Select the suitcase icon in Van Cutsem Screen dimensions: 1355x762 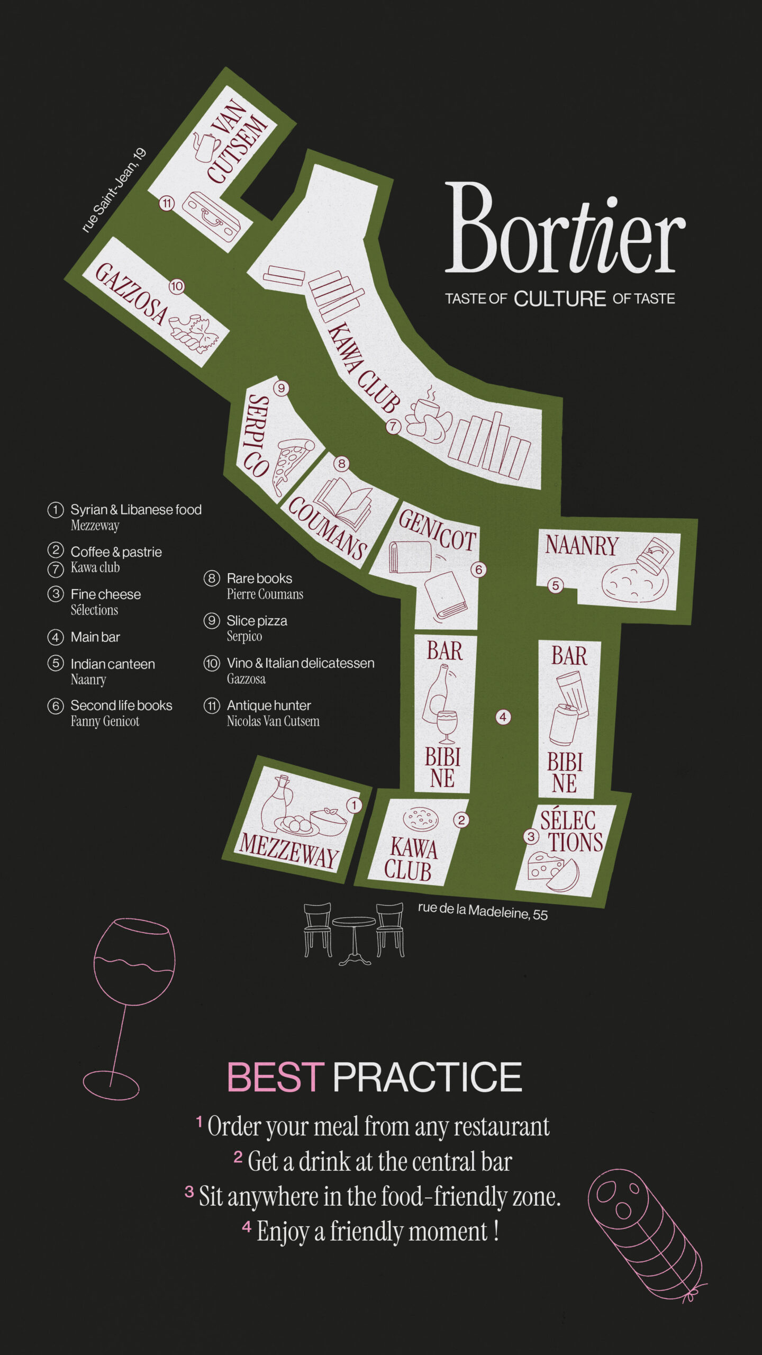[x=211, y=217]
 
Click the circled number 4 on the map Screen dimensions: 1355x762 [x=503, y=717]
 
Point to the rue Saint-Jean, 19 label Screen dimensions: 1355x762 [x=113, y=191]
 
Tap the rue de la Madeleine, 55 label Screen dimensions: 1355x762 [x=482, y=911]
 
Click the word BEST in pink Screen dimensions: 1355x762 [x=275, y=1078]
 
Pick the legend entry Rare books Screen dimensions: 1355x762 [x=259, y=578]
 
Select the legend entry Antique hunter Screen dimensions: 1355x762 [x=268, y=705]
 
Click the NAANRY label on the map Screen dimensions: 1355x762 [x=582, y=545]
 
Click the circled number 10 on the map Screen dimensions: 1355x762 [x=176, y=286]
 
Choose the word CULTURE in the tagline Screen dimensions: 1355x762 [x=559, y=299]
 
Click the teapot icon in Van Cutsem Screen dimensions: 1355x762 [x=205, y=146]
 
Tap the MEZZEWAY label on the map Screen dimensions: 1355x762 [x=289, y=850]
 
